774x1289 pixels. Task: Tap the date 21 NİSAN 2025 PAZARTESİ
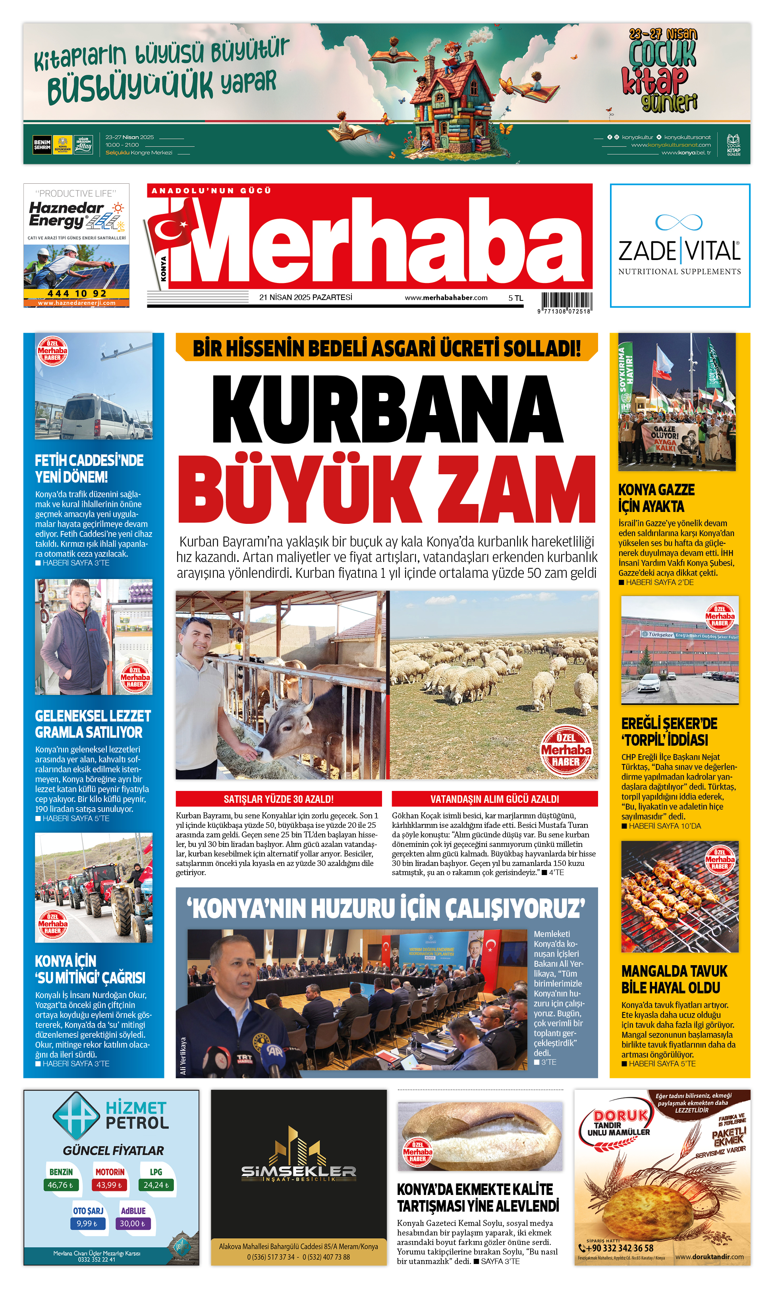coord(306,298)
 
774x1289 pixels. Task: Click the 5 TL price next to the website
coord(515,298)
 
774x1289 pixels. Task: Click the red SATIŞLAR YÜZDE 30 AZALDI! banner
coord(278,798)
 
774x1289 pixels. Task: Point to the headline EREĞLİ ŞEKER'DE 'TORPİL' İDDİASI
coord(669,731)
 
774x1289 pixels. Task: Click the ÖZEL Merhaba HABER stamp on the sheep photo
coord(566,750)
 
